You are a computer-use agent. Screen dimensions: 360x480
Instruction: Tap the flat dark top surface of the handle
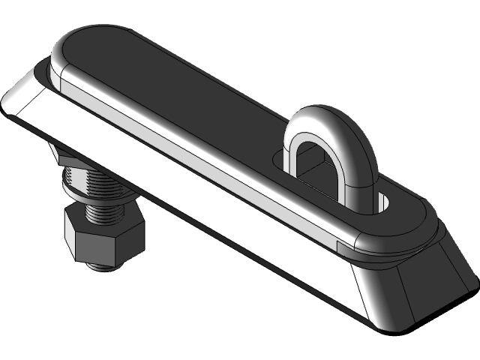tap(187, 90)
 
